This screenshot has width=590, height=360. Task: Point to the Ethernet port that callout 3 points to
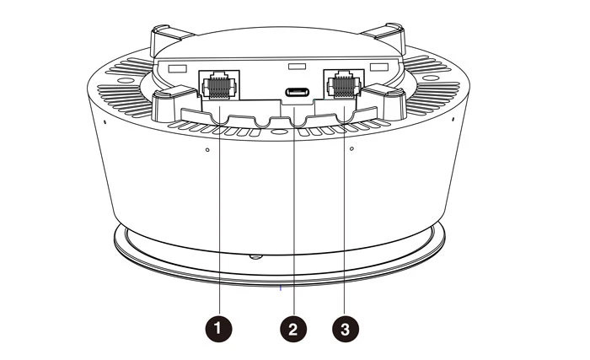pos(343,84)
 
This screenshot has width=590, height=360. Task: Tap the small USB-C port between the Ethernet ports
pos(296,92)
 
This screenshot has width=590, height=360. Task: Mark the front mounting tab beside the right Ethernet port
pos(390,99)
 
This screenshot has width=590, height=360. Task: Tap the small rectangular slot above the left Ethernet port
pos(177,67)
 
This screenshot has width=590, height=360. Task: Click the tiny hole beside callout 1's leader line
pos(208,152)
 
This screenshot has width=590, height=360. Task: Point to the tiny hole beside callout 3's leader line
pos(351,152)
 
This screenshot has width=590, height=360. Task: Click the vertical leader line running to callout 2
pos(293,219)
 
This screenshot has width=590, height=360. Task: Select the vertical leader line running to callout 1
pos(219,219)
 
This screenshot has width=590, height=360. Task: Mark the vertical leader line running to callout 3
pos(343,219)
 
